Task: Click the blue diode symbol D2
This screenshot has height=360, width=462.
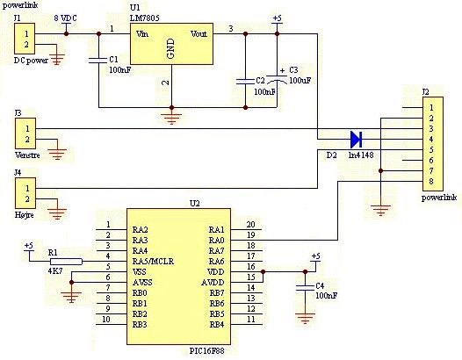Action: [x=356, y=140]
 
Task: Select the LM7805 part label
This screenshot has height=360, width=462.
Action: [x=145, y=18]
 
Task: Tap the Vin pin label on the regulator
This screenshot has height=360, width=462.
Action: [x=142, y=34]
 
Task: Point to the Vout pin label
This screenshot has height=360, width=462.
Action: [x=199, y=34]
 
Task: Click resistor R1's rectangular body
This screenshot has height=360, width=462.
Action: [x=66, y=262]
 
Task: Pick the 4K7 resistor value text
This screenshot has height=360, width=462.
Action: [x=55, y=270]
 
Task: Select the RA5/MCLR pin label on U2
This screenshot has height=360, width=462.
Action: [x=153, y=262]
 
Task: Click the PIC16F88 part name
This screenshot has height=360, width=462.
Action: [x=206, y=351]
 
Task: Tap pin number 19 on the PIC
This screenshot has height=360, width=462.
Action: [x=250, y=235]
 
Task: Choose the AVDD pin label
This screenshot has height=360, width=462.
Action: [x=213, y=283]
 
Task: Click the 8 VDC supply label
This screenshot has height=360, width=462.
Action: [x=65, y=18]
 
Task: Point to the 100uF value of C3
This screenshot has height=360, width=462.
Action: [x=300, y=81]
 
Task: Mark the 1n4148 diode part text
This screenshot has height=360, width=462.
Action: [x=361, y=155]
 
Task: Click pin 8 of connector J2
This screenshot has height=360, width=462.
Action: [x=431, y=182]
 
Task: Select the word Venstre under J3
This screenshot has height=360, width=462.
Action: [x=27, y=155]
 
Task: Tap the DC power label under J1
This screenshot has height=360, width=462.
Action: [x=31, y=61]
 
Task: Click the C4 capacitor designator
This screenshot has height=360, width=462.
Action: [x=320, y=285]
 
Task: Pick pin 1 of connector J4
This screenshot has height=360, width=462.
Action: [x=27, y=188]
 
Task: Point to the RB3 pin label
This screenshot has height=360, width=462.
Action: [x=140, y=325]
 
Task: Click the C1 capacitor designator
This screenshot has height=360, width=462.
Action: [x=113, y=60]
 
